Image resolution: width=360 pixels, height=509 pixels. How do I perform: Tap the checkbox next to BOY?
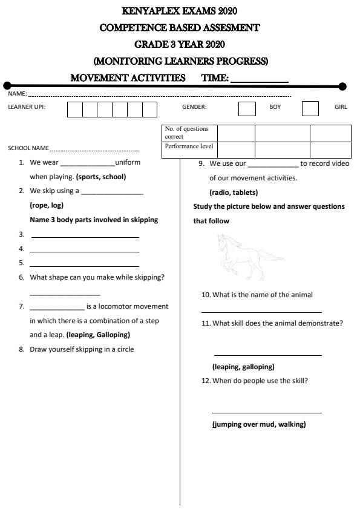[247, 109]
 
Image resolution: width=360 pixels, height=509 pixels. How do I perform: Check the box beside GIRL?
[310, 109]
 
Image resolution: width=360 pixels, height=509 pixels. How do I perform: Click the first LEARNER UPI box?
[74, 109]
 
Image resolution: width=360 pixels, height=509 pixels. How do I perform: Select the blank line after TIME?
[260, 79]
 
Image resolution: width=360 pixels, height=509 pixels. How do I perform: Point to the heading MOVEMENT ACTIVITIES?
[128, 78]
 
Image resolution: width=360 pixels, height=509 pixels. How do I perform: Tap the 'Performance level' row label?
[189, 146]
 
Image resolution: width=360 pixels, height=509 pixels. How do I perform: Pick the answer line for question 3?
[84, 237]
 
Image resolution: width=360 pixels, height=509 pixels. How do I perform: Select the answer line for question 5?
[84, 266]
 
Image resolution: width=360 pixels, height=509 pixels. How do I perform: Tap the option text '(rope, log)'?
[47, 205]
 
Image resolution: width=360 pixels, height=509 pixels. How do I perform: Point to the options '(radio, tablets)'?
[234, 192]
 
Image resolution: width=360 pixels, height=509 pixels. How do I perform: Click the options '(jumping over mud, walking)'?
[259, 424]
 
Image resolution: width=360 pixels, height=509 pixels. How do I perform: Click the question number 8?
[21, 349]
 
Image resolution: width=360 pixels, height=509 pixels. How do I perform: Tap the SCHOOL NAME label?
[28, 148]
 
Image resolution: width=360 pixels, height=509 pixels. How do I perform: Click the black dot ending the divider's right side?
[342, 87]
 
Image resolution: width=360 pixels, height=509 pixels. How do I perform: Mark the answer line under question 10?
[261, 312]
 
